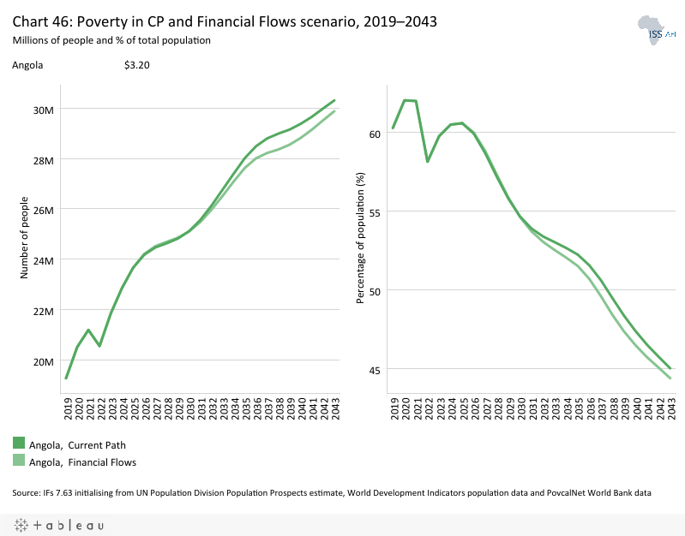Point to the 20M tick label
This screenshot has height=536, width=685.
point(43,361)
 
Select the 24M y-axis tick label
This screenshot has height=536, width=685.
point(43,260)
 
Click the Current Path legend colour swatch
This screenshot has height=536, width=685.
point(19,444)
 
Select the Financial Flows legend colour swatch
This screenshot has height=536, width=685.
point(19,461)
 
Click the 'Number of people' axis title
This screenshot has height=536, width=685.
point(25,235)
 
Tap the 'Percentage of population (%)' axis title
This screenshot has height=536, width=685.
point(361,235)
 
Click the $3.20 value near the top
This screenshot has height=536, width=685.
point(137,65)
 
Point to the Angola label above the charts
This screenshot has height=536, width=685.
point(27,65)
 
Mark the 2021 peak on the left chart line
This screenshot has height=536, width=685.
point(88,330)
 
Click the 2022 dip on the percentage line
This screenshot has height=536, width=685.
point(427,161)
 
